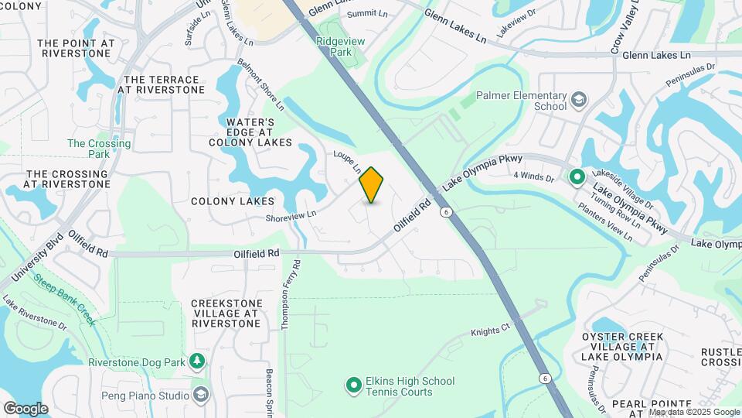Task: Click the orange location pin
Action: tap(372, 184)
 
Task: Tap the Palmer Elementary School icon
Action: tap(578, 101)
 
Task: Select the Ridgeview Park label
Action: tap(335, 45)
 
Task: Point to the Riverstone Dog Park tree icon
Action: tap(198, 361)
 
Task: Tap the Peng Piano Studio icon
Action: tap(201, 396)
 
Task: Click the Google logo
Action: tap(26, 409)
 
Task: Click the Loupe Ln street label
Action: tap(348, 161)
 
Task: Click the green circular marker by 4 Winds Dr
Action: tap(577, 177)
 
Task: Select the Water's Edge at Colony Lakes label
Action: tap(250, 132)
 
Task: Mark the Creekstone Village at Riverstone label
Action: tap(225, 313)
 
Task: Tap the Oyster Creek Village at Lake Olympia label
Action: tap(622, 346)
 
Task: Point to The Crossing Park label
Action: tap(99, 149)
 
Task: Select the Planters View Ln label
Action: tap(607, 224)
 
